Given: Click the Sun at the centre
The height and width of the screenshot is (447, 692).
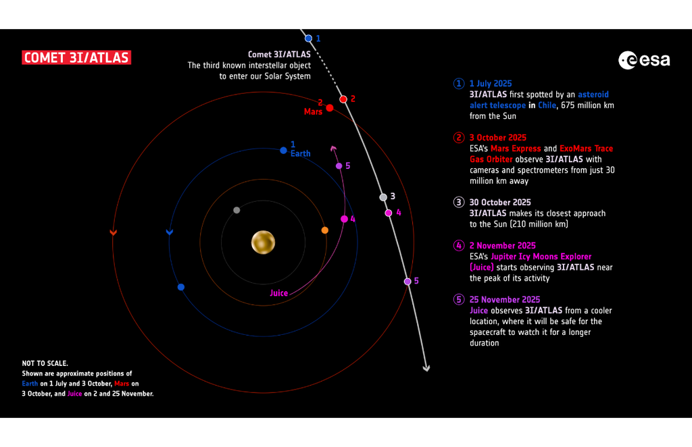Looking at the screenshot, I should pyautogui.click(x=263, y=242).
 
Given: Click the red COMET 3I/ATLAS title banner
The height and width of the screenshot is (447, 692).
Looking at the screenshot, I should pyautogui.click(x=76, y=58).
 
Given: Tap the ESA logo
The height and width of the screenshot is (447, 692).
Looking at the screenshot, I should pyautogui.click(x=644, y=60).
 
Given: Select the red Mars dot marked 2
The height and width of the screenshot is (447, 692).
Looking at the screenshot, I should pyautogui.click(x=330, y=108).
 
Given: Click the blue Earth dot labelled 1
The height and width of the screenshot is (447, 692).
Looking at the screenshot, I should pyautogui.click(x=283, y=150).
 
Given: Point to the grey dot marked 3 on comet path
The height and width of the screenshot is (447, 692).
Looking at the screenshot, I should pyautogui.click(x=383, y=197).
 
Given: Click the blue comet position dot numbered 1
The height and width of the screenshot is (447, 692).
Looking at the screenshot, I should pyautogui.click(x=308, y=38).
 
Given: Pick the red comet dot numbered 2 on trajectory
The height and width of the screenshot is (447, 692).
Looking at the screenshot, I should pyautogui.click(x=343, y=99).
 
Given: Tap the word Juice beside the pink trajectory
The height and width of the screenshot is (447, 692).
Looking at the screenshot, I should pyautogui.click(x=278, y=293).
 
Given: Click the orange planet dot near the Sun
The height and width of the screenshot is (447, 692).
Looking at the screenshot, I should pyautogui.click(x=325, y=230).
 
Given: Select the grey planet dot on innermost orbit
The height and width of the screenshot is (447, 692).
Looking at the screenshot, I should pyautogui.click(x=237, y=210).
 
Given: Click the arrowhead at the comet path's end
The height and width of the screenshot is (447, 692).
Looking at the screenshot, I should pyautogui.click(x=426, y=368).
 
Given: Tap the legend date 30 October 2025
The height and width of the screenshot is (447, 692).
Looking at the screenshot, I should pyautogui.click(x=500, y=202).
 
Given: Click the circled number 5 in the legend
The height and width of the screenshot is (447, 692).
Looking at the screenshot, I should pyautogui.click(x=460, y=299).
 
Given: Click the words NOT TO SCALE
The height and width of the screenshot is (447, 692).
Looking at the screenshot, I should pyautogui.click(x=45, y=363).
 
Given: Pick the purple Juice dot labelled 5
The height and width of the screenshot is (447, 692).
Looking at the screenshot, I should pyautogui.click(x=339, y=165).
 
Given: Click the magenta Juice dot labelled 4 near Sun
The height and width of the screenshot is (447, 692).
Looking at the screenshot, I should pyautogui.click(x=344, y=219).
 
